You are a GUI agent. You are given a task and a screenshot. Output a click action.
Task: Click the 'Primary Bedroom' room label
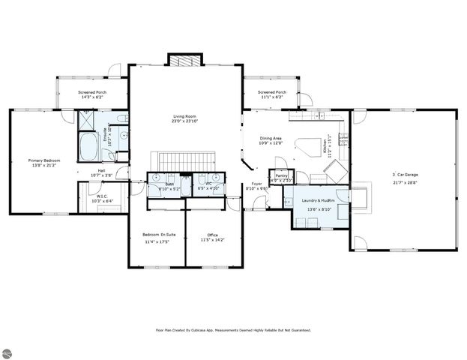pyautogui.click(x=44, y=160)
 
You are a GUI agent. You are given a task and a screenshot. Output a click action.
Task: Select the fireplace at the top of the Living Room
pyautogui.click(x=184, y=59)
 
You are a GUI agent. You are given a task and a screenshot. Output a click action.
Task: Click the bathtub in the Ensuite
pyautogui.click(x=90, y=148)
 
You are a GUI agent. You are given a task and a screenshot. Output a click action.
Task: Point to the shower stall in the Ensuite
pyautogui.click(x=88, y=121)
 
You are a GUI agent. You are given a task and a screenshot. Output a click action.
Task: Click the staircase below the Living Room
pyautogui.click(x=184, y=160)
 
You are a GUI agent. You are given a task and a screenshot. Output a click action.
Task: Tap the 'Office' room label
pyautogui.click(x=202, y=235)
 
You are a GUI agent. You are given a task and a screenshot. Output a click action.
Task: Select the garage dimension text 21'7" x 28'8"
pyautogui.click(x=406, y=182)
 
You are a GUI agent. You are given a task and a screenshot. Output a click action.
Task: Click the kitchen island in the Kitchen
pyautogui.click(x=306, y=145)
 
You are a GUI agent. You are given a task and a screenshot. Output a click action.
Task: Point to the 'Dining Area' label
pyautogui.click(x=271, y=138)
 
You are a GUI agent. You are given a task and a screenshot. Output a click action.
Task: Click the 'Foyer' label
pyautogui.click(x=256, y=184)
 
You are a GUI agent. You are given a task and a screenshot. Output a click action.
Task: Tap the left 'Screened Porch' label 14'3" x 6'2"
pyautogui.click(x=92, y=92)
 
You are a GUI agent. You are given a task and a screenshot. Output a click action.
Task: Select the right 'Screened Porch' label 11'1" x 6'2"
pyautogui.click(x=271, y=92)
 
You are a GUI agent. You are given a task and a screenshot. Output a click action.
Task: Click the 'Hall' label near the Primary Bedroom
pyautogui.click(x=100, y=170)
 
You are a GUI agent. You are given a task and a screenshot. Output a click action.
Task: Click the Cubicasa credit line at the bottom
pyautogui.click(x=233, y=329)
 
